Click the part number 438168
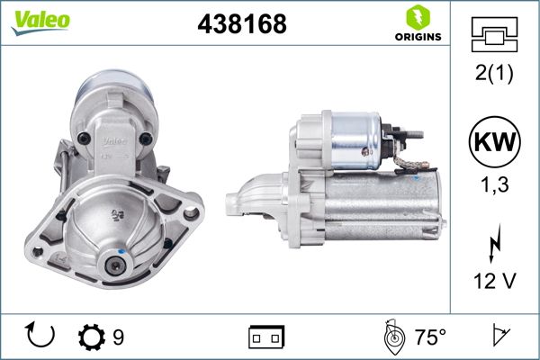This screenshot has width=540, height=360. coord(240,24)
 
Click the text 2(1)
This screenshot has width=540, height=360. coord(494,75)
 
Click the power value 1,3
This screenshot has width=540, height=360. coord(494,186)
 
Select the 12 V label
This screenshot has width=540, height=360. coord(494,282)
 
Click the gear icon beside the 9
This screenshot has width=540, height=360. coord(91,337)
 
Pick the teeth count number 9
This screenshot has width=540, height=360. coord(119,337)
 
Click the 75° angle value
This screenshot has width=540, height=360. coord(430,337)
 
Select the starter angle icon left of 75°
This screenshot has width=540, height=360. coord(391,337)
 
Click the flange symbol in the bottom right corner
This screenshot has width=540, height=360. coord(497,337)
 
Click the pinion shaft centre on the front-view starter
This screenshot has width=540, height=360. coord(113,265)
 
